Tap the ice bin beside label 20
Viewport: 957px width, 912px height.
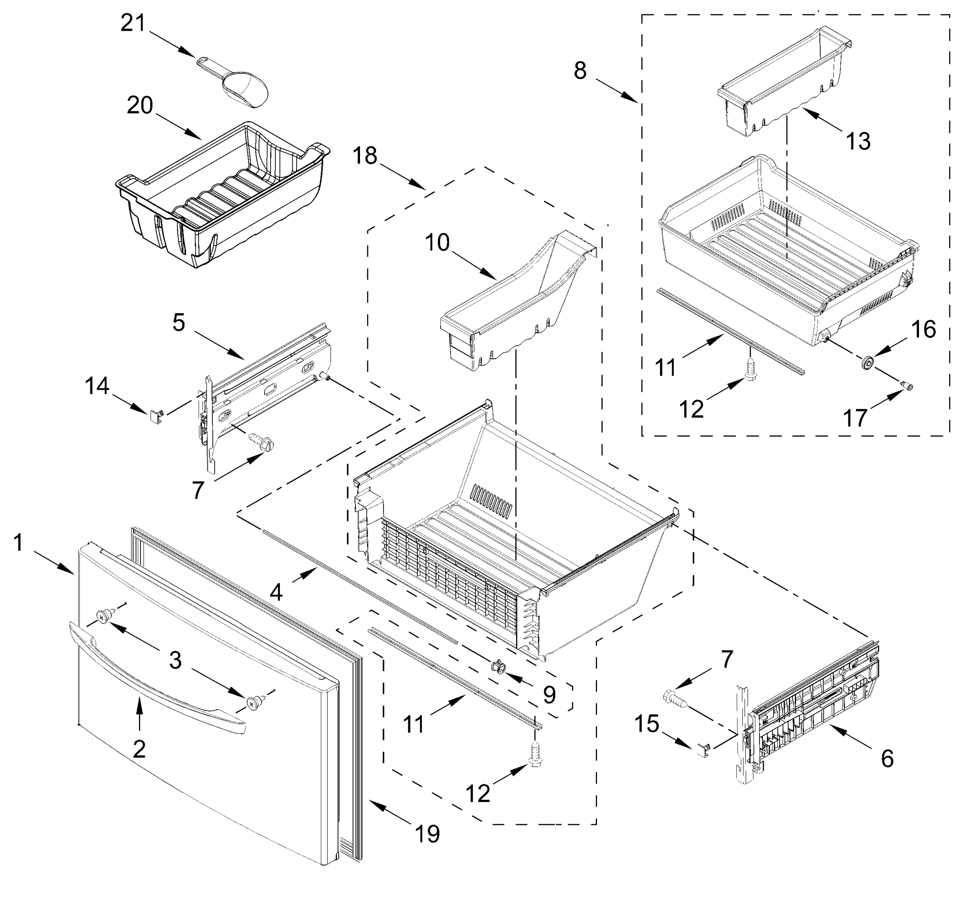(223, 195)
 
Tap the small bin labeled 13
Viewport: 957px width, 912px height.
(782, 82)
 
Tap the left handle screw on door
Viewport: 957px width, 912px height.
(103, 617)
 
